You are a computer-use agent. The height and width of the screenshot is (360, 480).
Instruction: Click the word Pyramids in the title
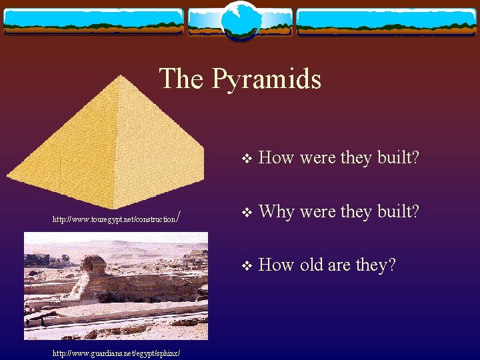tap(267, 79)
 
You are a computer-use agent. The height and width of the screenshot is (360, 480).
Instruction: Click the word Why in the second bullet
tap(276, 211)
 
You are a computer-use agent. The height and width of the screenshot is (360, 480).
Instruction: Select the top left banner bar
tap(93, 21)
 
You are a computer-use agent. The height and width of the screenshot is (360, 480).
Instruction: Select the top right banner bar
tap(386, 21)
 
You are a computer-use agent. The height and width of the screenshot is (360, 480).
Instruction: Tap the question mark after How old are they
tap(391, 265)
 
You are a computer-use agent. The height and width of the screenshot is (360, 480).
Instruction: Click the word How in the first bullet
tap(276, 158)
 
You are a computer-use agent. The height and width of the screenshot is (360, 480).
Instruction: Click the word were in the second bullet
tap(318, 211)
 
